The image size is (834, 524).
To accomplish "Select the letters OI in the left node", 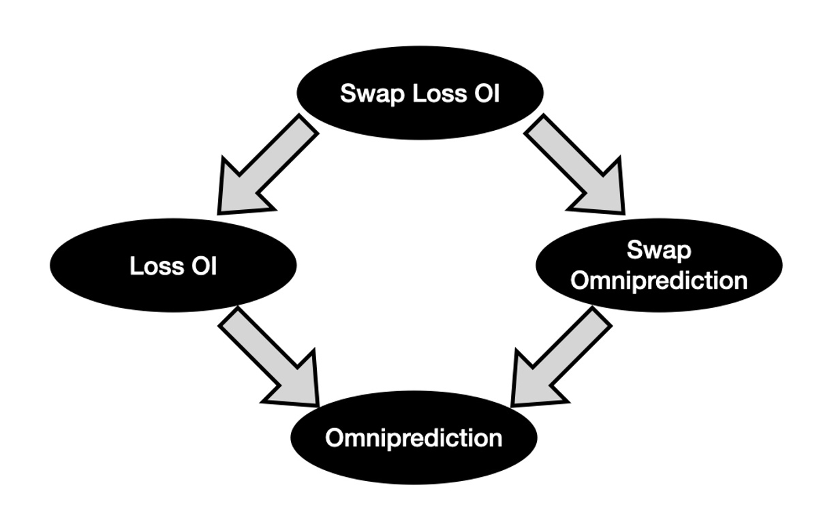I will click(204, 266).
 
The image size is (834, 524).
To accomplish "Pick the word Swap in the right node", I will click(658, 250).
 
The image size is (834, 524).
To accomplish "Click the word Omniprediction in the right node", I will click(658, 280).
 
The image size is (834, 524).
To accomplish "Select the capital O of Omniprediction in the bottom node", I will click(335, 437).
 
